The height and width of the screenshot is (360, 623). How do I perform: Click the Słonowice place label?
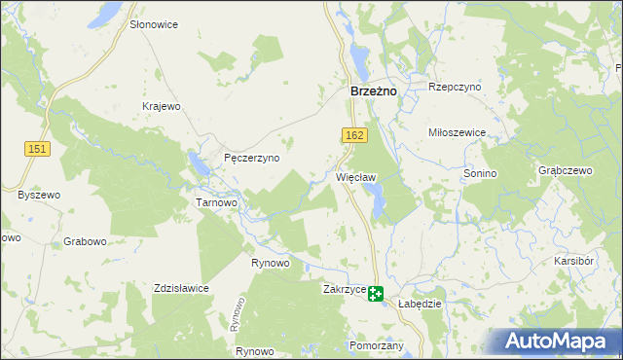[154, 23]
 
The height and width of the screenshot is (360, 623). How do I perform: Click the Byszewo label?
[39, 195]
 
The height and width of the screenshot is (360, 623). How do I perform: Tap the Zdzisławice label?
[181, 288]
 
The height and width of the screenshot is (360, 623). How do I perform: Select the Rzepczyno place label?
[456, 87]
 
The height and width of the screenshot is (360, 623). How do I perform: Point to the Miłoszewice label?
[457, 131]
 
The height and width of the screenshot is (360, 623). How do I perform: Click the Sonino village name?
[480, 172]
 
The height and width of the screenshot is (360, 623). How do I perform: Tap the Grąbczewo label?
[565, 169]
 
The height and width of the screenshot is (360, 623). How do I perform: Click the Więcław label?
[355, 177]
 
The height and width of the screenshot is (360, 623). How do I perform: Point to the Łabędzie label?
[421, 304]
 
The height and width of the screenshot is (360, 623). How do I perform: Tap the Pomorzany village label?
[375, 345]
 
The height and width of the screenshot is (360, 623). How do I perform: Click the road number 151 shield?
[38, 147]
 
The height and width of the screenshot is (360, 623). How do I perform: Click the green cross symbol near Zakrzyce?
[375, 293]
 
